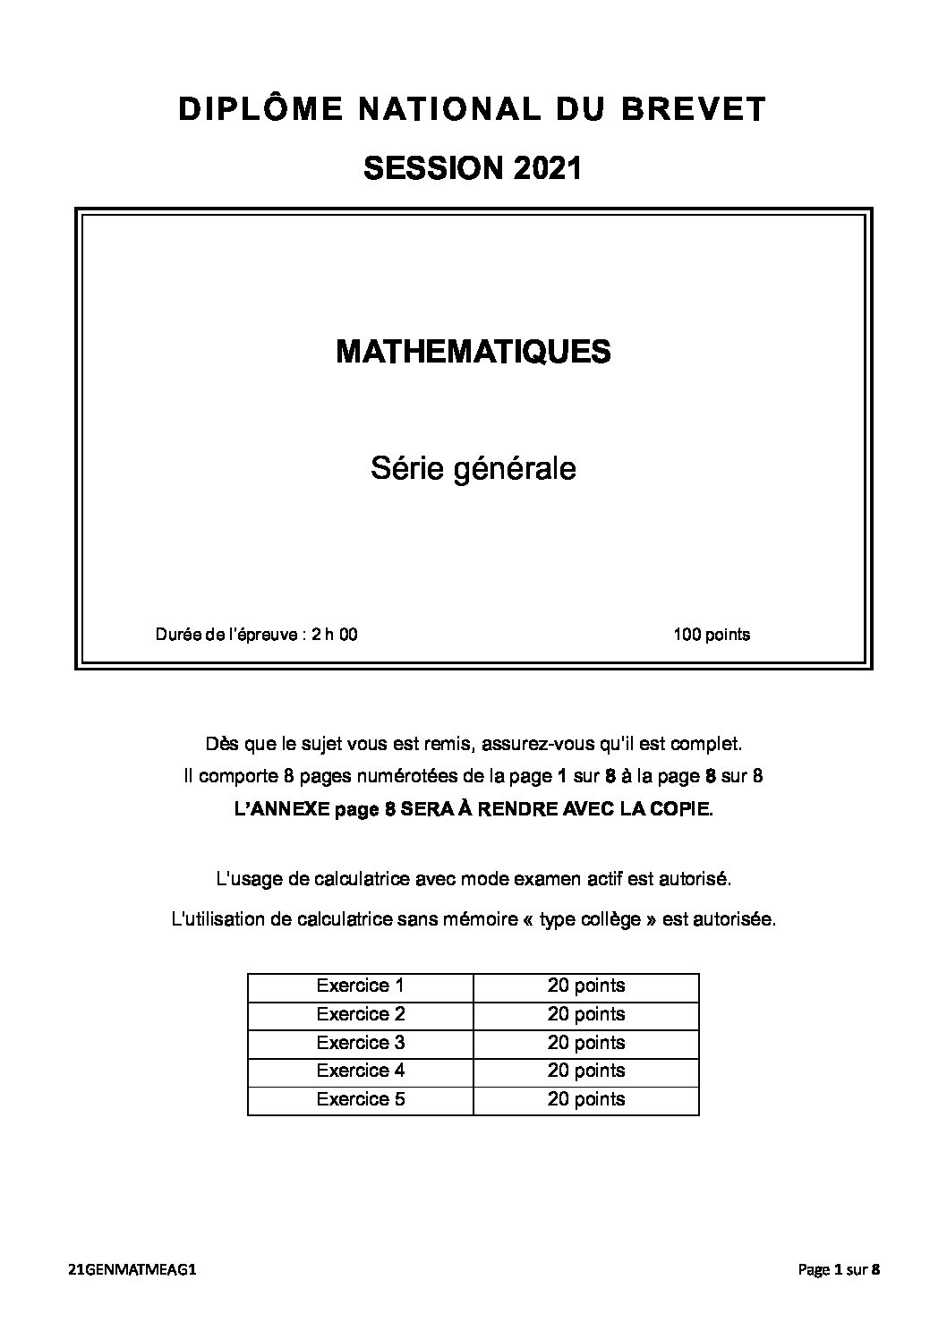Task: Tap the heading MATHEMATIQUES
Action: coord(473,352)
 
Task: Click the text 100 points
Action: coord(712,635)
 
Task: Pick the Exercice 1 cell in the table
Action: coord(360,986)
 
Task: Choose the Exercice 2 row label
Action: coord(360,1014)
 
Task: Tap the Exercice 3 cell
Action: coord(360,1043)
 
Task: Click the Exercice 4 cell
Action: coord(360,1071)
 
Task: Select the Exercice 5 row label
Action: coord(360,1099)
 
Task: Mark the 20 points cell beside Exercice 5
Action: coord(586,1099)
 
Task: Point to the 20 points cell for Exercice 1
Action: coord(586,986)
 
